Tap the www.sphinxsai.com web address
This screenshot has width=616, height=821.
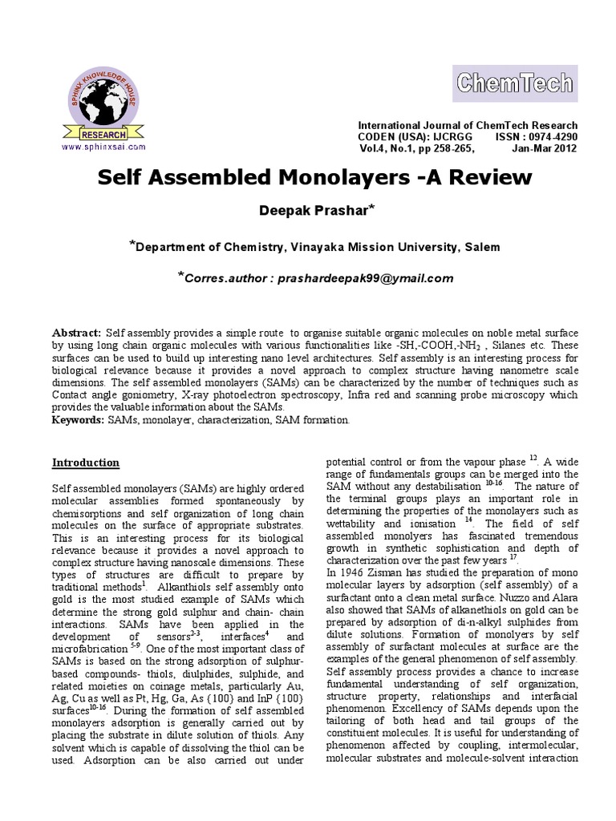click(x=102, y=147)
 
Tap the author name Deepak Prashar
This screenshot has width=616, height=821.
click(x=304, y=209)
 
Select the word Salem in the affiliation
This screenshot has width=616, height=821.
click(x=478, y=246)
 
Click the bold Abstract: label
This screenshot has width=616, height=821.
click(x=77, y=332)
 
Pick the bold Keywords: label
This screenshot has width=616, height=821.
click(x=79, y=419)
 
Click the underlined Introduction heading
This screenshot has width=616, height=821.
click(x=86, y=463)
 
